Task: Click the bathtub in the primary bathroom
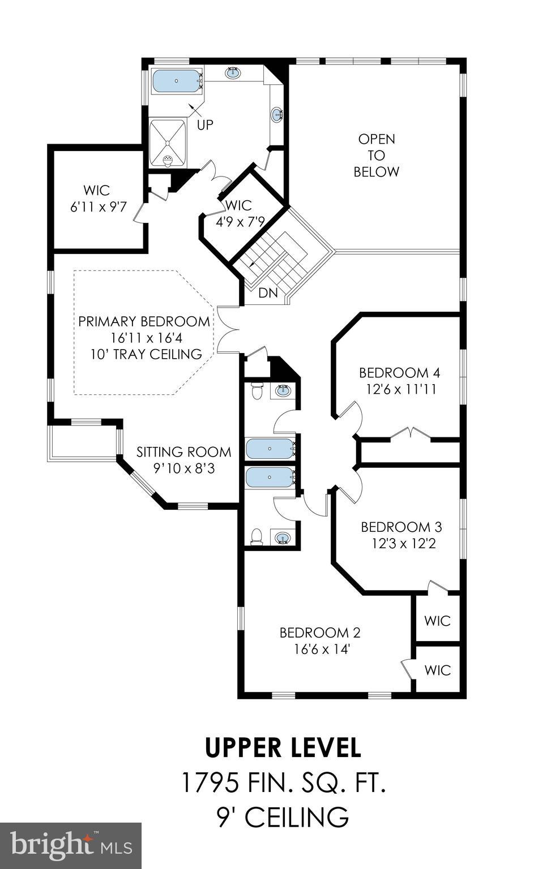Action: [x=176, y=81]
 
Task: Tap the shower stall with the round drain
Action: [x=168, y=143]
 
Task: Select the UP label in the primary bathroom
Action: [x=205, y=124]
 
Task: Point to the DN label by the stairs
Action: [x=267, y=293]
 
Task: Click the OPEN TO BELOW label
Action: [x=377, y=155]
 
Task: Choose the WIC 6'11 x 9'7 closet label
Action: [x=96, y=199]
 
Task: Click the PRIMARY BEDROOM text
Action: [x=144, y=322]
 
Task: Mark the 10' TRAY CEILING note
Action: [x=146, y=355]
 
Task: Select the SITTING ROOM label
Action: [x=183, y=452]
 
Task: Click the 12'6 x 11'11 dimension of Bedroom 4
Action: [x=399, y=389]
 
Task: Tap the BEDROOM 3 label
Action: [x=401, y=527]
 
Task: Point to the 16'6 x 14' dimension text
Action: [x=321, y=649]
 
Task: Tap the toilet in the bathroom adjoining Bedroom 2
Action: [x=257, y=535]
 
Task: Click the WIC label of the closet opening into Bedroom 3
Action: [x=437, y=621]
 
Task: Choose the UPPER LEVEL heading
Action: [x=283, y=747]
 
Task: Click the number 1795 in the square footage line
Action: [x=208, y=783]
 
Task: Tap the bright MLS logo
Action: [x=70, y=846]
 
